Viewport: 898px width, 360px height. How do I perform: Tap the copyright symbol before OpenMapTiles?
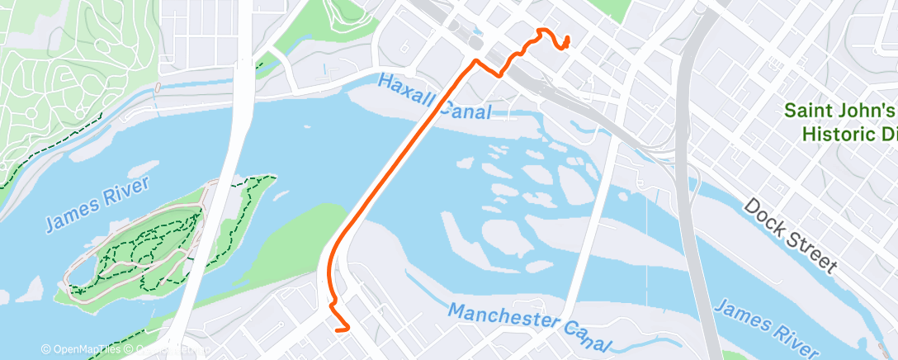coord(45,350)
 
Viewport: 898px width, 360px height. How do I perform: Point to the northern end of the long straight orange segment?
coord(475,62)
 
